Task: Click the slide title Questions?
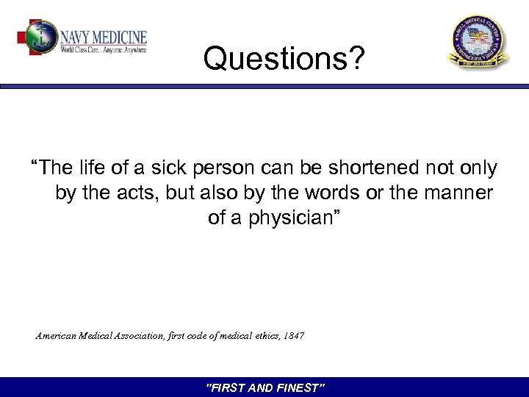(283, 59)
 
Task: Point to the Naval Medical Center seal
(478, 43)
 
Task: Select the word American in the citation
(57, 336)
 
